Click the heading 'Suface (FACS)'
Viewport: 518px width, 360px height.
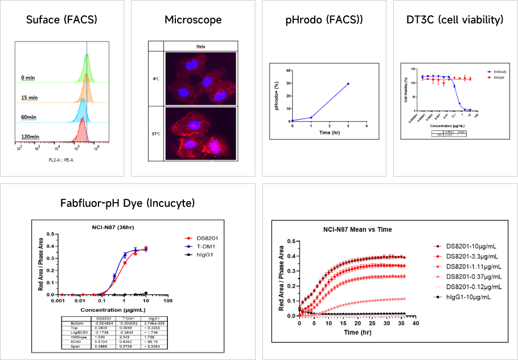[62, 20]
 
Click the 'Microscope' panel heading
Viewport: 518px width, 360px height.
[193, 20]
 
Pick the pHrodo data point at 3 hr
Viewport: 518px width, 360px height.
[347, 84]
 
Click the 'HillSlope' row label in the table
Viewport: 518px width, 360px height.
[71, 337]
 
